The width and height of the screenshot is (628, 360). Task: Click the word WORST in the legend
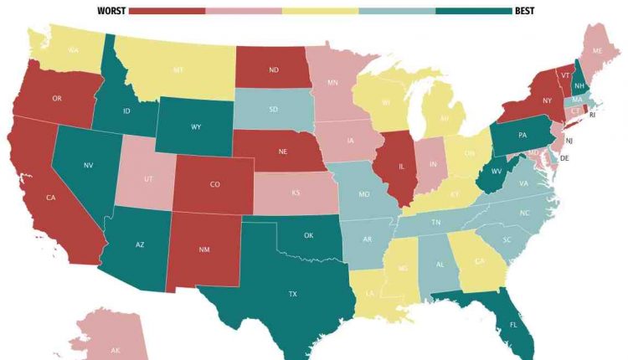click(111, 11)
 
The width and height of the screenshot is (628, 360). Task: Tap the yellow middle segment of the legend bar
click(320, 11)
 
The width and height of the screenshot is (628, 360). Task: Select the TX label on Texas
click(293, 294)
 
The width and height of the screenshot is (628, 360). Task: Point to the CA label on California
click(50, 198)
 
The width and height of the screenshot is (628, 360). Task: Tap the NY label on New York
click(547, 100)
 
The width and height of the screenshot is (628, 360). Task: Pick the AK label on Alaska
click(115, 349)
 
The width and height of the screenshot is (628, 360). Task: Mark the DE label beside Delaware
click(564, 157)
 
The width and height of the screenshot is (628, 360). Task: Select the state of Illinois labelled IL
click(401, 167)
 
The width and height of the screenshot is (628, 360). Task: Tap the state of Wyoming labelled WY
click(196, 127)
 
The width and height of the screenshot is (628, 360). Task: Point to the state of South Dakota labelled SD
click(273, 110)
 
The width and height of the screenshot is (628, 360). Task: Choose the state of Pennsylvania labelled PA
click(522, 135)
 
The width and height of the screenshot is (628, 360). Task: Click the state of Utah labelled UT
click(148, 179)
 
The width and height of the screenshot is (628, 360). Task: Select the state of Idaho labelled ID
click(126, 111)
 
